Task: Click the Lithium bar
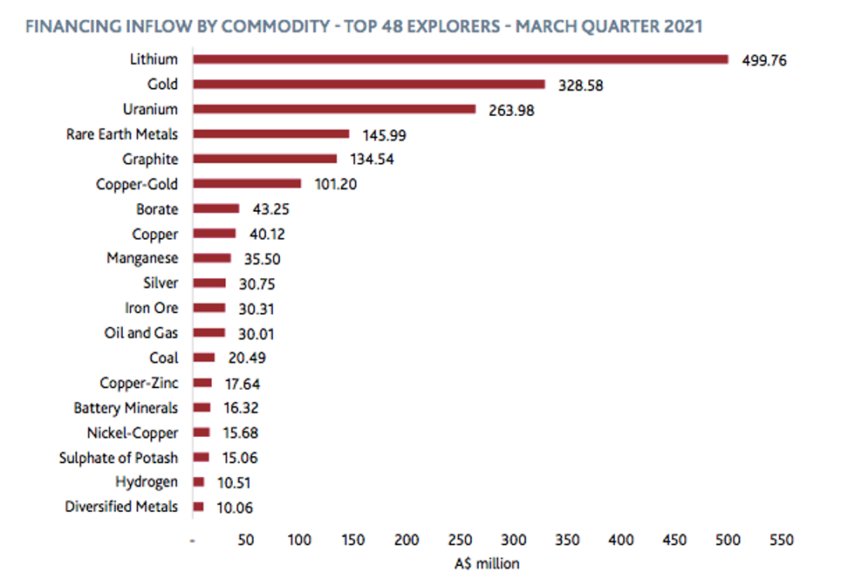461,59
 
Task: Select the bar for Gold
369,85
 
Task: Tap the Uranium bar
334,109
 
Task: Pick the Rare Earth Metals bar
271,134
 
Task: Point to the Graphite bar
265,159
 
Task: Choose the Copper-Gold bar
247,184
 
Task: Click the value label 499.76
765,60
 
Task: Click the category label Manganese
142,258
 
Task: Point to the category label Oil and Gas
140,333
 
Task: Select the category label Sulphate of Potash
119,457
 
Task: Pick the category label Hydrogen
147,481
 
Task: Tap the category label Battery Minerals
126,407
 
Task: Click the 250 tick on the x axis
461,541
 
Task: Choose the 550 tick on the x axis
782,541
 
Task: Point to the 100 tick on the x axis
300,541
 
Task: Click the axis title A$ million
487,563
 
